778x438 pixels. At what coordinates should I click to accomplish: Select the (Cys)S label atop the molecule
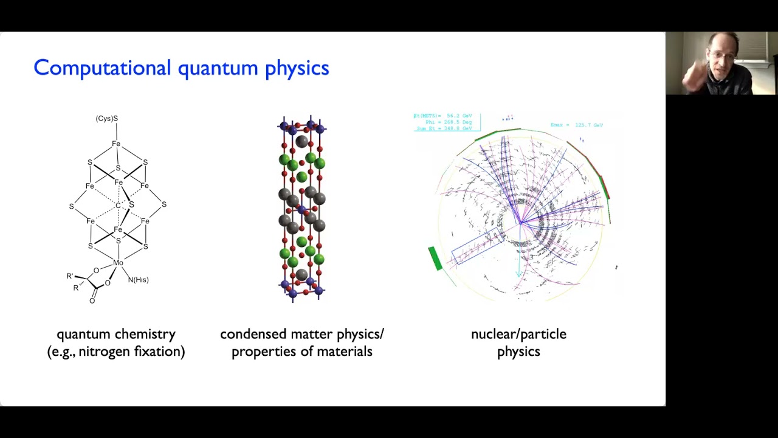tap(106, 119)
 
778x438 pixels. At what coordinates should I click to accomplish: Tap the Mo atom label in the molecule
tap(118, 263)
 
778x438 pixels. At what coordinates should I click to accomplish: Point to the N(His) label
tap(139, 280)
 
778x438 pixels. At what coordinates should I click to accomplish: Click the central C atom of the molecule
tap(118, 206)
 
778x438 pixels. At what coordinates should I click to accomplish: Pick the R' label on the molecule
tap(70, 276)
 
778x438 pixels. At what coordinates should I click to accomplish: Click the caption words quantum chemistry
tap(115, 334)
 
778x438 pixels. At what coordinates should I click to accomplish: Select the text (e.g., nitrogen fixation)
tap(115, 352)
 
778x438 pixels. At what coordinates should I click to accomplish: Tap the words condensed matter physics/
tap(301, 334)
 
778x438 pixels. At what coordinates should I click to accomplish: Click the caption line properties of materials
tap(301, 352)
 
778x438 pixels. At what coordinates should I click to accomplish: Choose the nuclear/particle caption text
tap(518, 334)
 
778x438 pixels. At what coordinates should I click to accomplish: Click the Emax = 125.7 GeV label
tap(576, 125)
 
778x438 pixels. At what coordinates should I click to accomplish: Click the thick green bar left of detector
tap(435, 258)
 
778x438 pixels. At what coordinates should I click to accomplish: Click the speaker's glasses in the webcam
tap(721, 56)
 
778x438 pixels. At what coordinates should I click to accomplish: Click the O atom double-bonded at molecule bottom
tap(92, 301)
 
